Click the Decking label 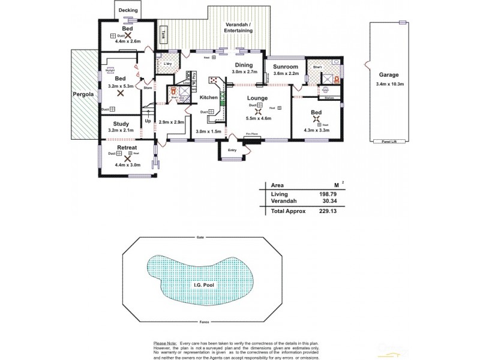128,11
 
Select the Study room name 121,124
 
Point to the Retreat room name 127,147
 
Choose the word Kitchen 208,97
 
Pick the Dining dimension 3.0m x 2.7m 244,71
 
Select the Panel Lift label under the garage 388,142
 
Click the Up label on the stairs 148,121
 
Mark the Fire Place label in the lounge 252,134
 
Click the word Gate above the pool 200,238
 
